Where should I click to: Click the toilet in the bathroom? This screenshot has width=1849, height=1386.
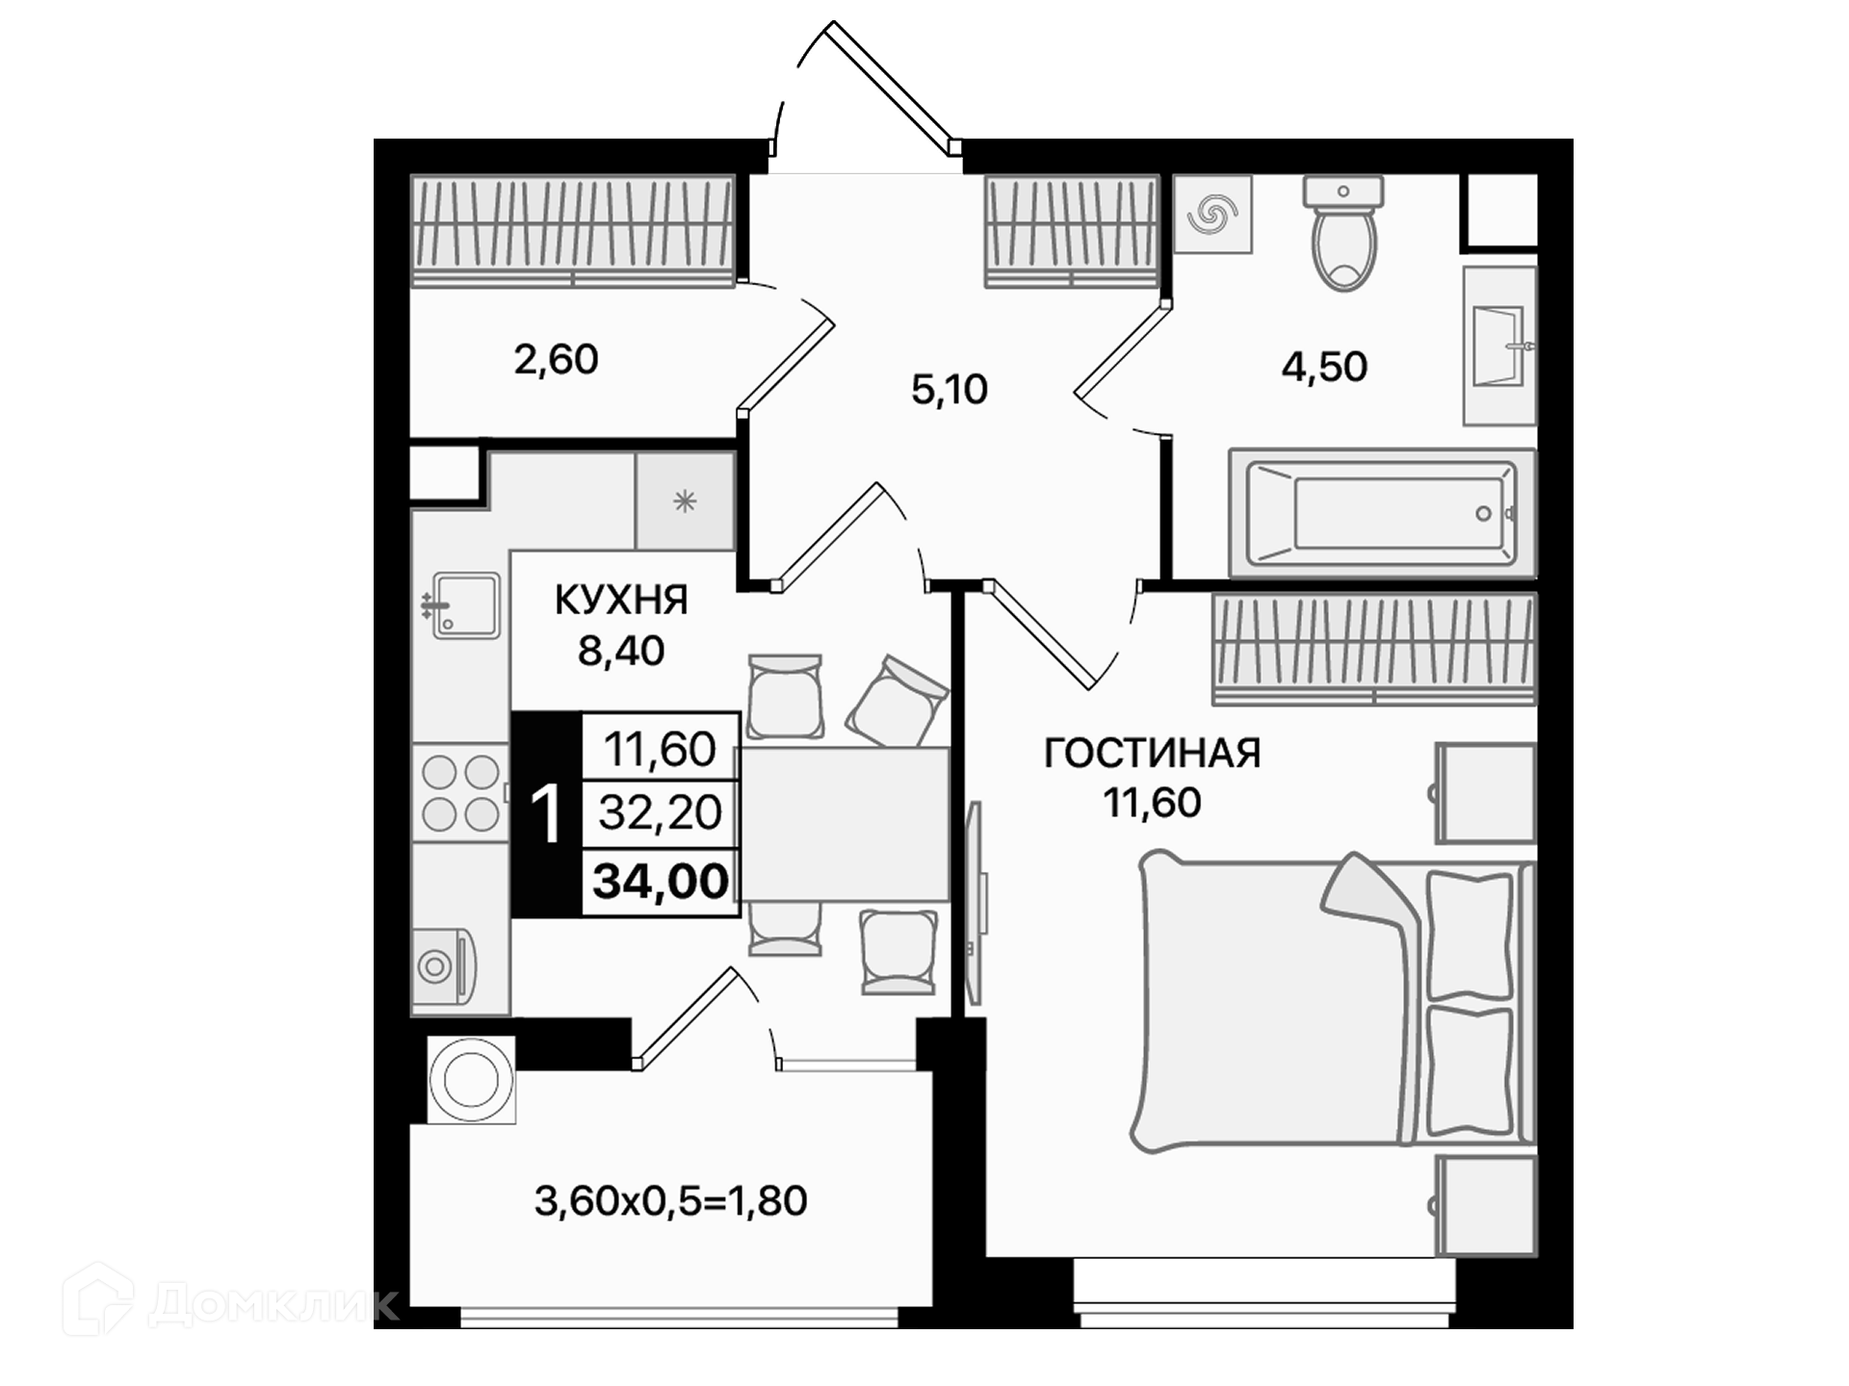pos(1343,233)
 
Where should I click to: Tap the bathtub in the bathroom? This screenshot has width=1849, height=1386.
pos(1382,513)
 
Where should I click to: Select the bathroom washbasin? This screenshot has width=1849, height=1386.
pos(1499,346)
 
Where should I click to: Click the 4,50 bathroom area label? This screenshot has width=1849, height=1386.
pos(1324,367)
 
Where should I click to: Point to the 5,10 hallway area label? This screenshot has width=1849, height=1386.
pos(950,390)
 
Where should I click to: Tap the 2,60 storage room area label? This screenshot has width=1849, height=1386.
pos(556,359)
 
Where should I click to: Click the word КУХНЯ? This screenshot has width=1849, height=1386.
pos(621,601)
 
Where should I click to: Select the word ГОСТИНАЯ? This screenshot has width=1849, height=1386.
pos(1153,753)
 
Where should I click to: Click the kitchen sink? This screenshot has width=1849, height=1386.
pos(463,605)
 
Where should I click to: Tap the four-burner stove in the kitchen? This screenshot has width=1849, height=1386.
pos(460,793)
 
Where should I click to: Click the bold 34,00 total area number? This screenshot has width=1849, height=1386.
pos(661,881)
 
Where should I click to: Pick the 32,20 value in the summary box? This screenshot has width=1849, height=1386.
pos(660,813)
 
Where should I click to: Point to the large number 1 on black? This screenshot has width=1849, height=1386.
pos(546,814)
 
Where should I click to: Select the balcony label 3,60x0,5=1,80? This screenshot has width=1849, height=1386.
pos(670,1201)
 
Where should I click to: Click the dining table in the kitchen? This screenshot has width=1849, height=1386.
pos(845,825)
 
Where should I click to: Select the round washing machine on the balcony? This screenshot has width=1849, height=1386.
pos(471,1079)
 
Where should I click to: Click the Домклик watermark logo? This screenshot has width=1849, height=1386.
pos(230,1299)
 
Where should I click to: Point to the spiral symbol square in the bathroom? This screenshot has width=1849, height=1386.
pos(1212,215)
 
